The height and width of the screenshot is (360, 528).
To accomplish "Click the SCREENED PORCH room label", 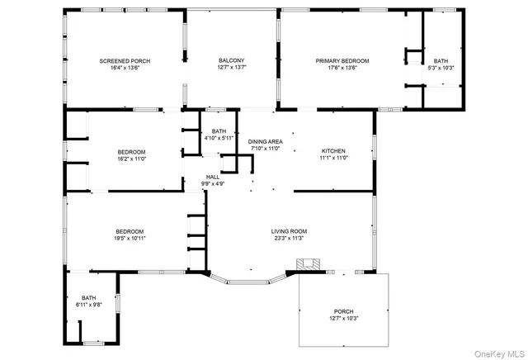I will click(x=125, y=61).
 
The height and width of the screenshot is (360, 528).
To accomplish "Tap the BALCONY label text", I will click(x=231, y=61).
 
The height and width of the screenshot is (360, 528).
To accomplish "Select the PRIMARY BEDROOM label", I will click(x=342, y=61).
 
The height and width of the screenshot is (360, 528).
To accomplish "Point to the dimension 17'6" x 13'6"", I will click(x=342, y=69).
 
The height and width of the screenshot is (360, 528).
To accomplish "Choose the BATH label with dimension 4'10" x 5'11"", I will click(x=219, y=131).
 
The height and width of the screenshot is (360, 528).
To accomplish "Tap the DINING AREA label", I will click(x=265, y=142).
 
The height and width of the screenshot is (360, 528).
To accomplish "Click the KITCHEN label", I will click(x=333, y=151).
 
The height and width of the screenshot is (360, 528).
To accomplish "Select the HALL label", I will click(x=213, y=177).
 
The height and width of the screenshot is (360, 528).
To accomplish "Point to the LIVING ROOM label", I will click(x=290, y=231).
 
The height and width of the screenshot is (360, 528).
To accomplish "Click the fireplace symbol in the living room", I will click(x=309, y=265).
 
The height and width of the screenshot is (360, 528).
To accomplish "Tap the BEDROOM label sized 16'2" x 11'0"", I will click(x=131, y=152).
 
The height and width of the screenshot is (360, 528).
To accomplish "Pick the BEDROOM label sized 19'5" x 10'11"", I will click(x=130, y=231).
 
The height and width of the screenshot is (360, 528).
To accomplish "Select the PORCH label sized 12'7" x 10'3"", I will click(x=342, y=311).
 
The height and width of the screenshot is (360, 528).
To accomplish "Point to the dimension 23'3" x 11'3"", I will click(x=290, y=239).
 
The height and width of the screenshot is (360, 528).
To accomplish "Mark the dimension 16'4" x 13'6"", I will click(x=125, y=69).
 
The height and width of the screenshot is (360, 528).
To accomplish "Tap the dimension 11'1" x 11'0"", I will click(x=333, y=159).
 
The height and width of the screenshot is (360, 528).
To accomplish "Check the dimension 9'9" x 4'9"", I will click(x=213, y=184).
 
